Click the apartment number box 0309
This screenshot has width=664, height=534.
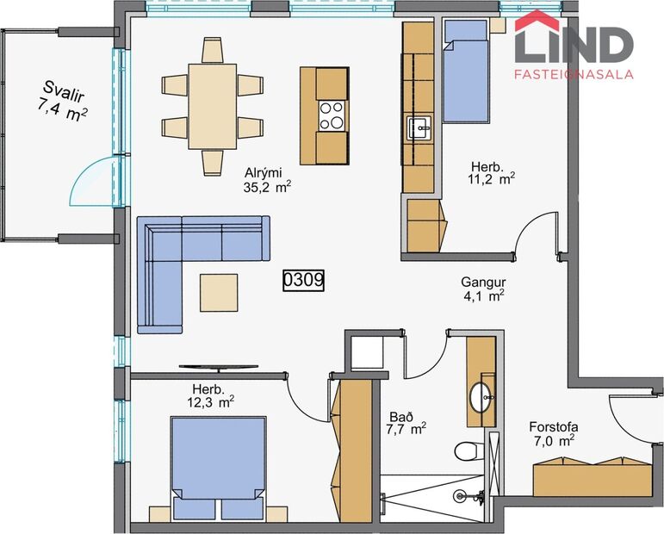(x=303, y=280)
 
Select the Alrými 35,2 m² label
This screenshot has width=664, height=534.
(x=267, y=178)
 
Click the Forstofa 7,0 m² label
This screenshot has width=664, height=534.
(x=552, y=433)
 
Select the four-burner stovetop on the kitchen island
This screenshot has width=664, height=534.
(x=332, y=115)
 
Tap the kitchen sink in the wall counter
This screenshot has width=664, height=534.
(x=420, y=128)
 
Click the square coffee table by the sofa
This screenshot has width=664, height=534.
(x=220, y=292)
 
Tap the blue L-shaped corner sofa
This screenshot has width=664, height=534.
(x=172, y=258)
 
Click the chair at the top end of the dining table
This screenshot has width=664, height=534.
(x=212, y=50)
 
